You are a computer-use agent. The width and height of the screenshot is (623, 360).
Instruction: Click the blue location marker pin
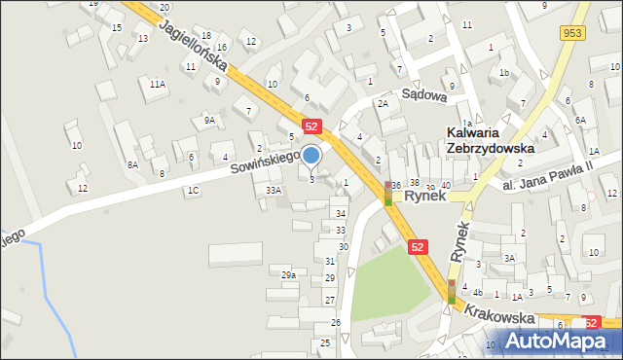(x=311, y=156)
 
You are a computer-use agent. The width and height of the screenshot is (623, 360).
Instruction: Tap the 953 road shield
(x=571, y=33)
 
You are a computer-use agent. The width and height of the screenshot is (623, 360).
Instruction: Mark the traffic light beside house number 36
(x=387, y=193)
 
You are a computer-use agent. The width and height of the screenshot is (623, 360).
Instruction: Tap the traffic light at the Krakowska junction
(x=453, y=291)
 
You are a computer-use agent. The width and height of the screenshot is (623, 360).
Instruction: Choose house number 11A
(x=157, y=85)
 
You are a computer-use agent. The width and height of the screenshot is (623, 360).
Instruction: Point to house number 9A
(x=209, y=120)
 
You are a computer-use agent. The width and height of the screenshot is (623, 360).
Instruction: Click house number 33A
(x=274, y=191)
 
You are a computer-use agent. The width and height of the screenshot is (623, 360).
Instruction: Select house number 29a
(x=288, y=275)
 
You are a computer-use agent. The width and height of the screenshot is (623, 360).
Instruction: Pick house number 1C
(x=194, y=191)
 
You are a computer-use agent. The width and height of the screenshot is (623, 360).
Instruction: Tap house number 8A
(x=132, y=165)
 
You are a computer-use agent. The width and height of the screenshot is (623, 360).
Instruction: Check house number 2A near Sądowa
(x=384, y=103)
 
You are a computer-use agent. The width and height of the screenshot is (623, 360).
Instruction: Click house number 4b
(x=477, y=293)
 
